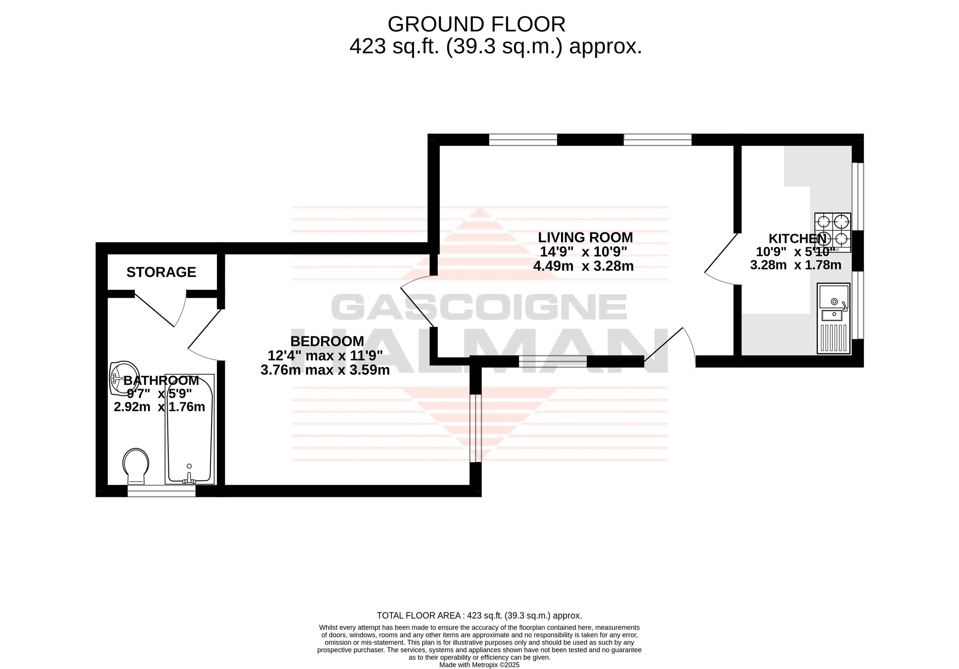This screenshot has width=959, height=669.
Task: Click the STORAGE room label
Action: tap(161, 272)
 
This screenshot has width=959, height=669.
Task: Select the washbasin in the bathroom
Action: tap(124, 378)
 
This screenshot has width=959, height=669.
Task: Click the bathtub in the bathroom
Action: tap(190, 429)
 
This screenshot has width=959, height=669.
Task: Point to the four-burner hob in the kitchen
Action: tap(833, 233)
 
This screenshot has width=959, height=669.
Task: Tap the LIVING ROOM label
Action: tap(585, 238)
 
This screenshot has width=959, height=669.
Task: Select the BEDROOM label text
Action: tap(327, 341)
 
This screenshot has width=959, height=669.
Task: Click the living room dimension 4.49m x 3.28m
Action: tap(584, 266)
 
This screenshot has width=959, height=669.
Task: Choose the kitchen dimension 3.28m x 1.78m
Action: tap(796, 265)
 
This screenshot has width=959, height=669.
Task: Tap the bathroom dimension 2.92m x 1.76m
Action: tap(160, 407)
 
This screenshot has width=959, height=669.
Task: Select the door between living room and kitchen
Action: tap(721, 259)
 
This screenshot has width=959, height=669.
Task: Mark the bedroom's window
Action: tap(476, 428)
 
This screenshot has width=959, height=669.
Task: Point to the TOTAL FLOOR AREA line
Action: tap(479, 616)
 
